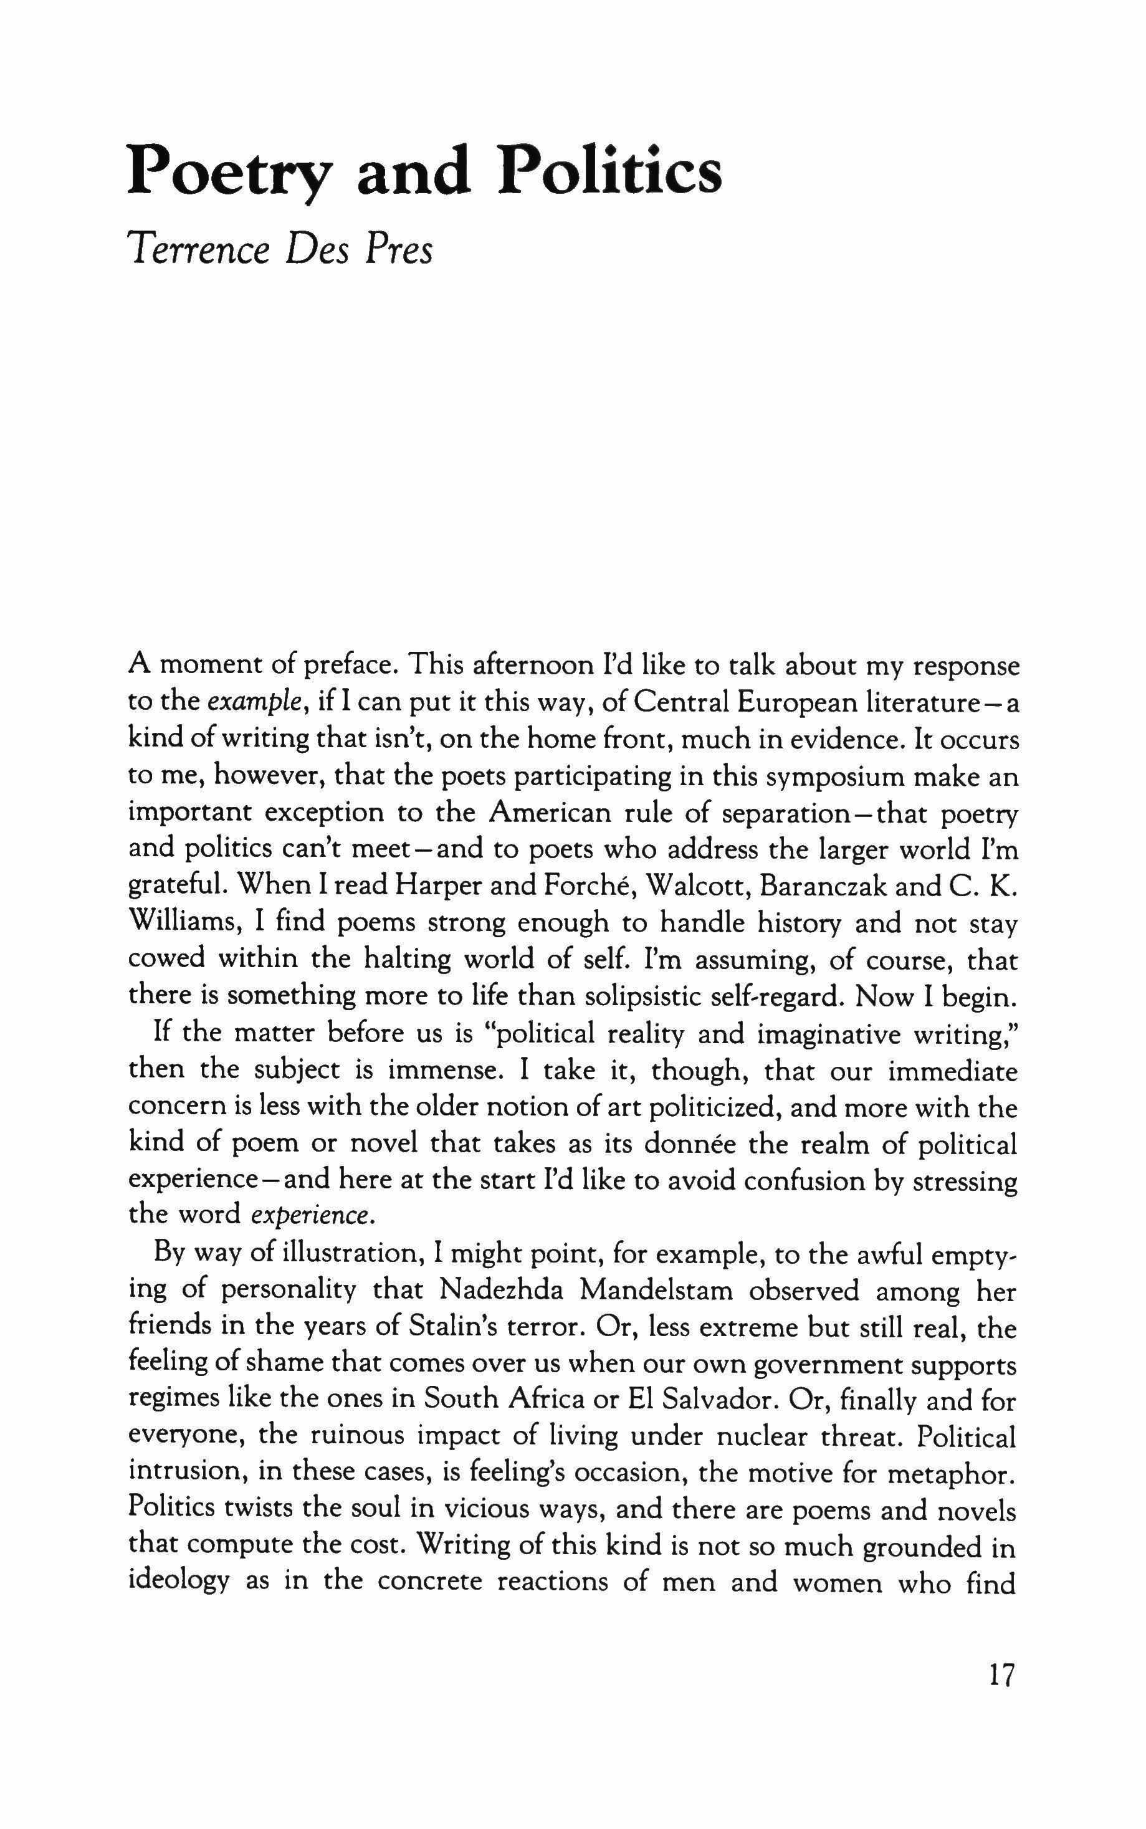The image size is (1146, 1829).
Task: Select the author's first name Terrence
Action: point(199,249)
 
